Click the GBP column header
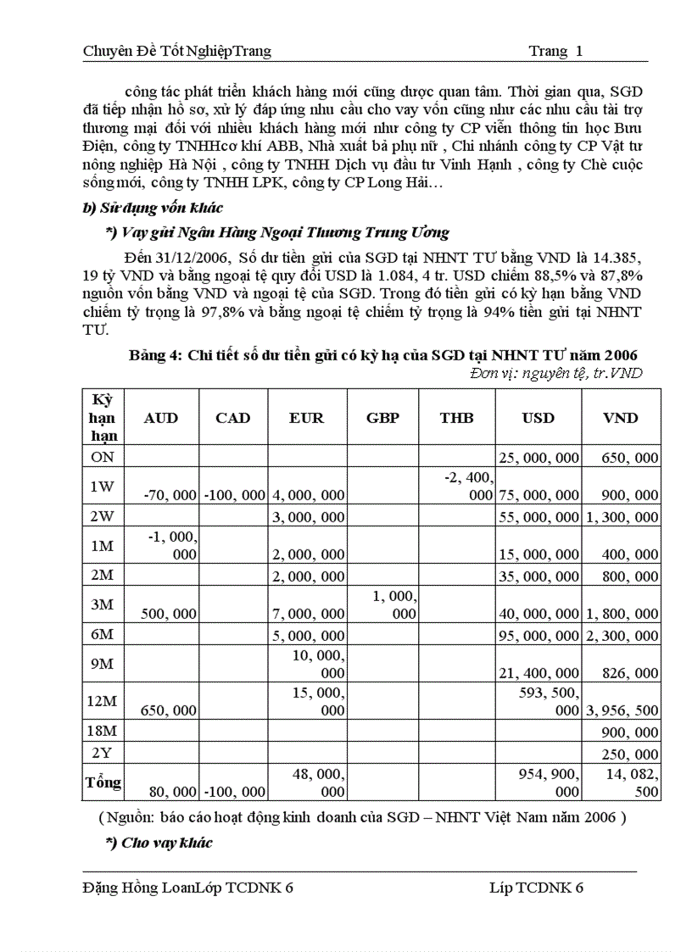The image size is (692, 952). click(x=382, y=418)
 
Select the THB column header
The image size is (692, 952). click(x=456, y=418)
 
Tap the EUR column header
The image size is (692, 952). click(x=306, y=418)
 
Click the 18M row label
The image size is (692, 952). click(x=103, y=732)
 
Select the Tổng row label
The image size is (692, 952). click(x=103, y=782)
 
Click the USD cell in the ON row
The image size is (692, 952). click(x=539, y=458)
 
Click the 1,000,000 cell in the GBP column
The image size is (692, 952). click(x=394, y=604)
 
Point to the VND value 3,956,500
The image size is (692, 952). click(x=622, y=710)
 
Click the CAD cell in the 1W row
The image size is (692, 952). click(x=233, y=495)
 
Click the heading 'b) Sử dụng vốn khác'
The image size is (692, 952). click(x=153, y=209)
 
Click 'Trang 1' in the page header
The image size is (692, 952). click(x=555, y=52)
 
